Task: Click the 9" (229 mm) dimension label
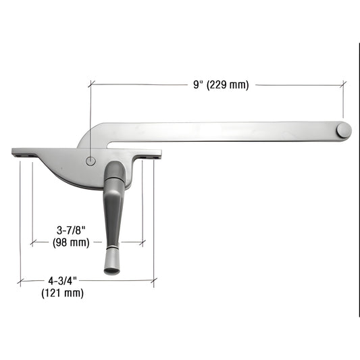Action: point(220,85)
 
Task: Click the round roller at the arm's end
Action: point(344,130)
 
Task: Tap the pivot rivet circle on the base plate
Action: point(91,161)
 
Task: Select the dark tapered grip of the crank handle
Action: point(112,216)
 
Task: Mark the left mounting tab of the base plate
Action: point(24,153)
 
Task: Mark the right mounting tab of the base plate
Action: point(153,155)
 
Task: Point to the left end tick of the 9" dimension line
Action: point(90,85)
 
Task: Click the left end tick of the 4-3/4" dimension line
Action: point(20,280)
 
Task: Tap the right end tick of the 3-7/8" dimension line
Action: point(143,241)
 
